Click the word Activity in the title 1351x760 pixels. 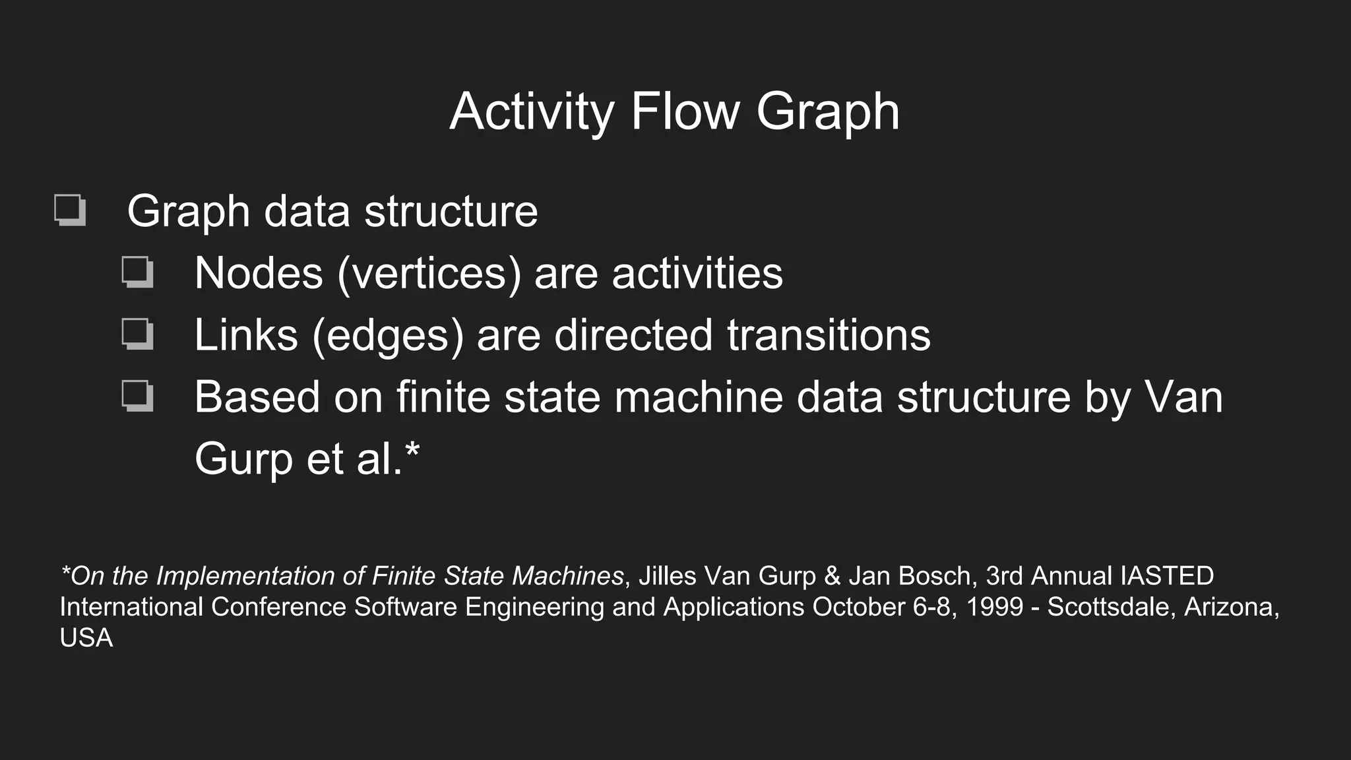(532, 112)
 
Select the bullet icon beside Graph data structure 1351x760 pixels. (70, 210)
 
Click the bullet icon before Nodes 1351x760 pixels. (137, 272)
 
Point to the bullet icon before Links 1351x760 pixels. (137, 334)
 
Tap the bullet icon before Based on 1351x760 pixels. (137, 396)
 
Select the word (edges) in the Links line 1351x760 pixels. (388, 335)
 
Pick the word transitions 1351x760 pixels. (829, 335)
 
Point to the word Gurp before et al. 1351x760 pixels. (243, 459)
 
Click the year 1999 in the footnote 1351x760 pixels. (994, 607)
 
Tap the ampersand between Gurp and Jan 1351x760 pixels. (832, 576)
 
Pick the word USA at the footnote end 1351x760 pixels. (86, 638)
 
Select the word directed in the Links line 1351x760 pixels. (633, 335)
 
